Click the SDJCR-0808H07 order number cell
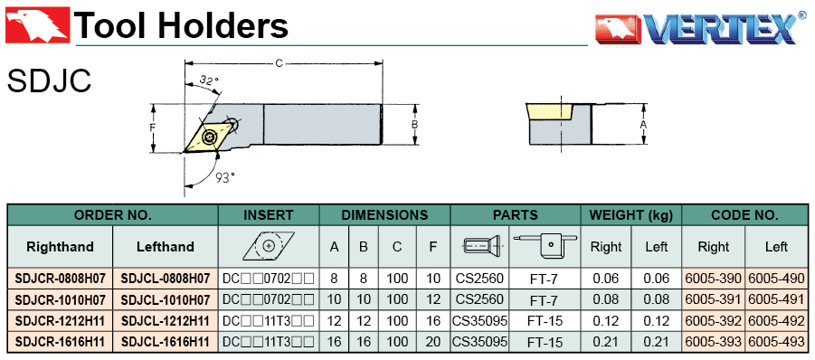click(x=61, y=279)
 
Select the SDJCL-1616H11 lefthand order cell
click(x=166, y=342)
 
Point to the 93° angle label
click(x=225, y=178)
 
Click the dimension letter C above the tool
click(x=280, y=63)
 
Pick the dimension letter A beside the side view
click(x=643, y=125)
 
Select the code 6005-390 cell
click(x=714, y=279)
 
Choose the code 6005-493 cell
click(x=776, y=342)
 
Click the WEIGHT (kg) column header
click(x=630, y=215)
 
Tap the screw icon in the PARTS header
click(x=480, y=246)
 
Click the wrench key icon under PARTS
click(x=545, y=245)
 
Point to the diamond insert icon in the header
click(x=269, y=246)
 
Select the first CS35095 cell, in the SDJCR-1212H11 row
click(x=479, y=321)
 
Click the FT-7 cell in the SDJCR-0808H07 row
click(x=545, y=279)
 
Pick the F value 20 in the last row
click(x=433, y=342)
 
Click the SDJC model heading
click(x=50, y=81)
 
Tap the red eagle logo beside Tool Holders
click(x=37, y=24)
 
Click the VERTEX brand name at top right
click(x=720, y=29)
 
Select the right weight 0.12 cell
click(x=605, y=321)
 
